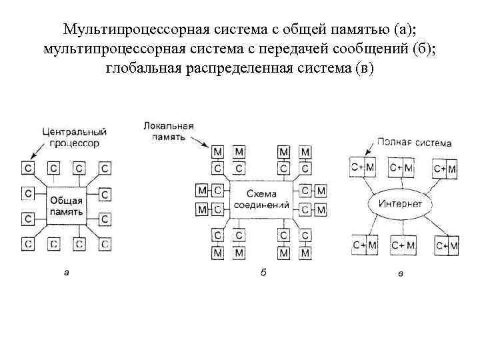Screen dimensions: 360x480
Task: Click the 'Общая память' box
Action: pyautogui.click(x=65, y=206)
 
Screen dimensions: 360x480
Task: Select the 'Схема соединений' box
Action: pyautogui.click(x=261, y=198)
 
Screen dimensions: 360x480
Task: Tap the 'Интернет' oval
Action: pyautogui.click(x=400, y=203)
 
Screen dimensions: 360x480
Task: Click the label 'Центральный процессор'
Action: pyautogui.click(x=70, y=138)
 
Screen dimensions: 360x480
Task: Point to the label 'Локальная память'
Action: pyautogui.click(x=169, y=130)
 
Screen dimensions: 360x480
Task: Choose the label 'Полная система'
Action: pyautogui.click(x=414, y=143)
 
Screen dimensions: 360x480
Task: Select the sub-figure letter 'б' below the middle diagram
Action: pyautogui.click(x=263, y=273)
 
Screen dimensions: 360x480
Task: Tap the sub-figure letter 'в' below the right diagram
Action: pyautogui.click(x=399, y=273)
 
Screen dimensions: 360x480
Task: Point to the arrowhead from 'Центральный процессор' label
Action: pyautogui.click(x=31, y=157)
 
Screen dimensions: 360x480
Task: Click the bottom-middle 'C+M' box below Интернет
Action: pyautogui.click(x=402, y=246)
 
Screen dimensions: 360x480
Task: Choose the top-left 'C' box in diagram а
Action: pyautogui.click(x=28, y=167)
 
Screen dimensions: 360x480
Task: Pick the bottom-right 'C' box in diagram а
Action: pyautogui.click(x=105, y=244)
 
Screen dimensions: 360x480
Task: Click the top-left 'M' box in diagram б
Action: pyautogui.click(x=217, y=153)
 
